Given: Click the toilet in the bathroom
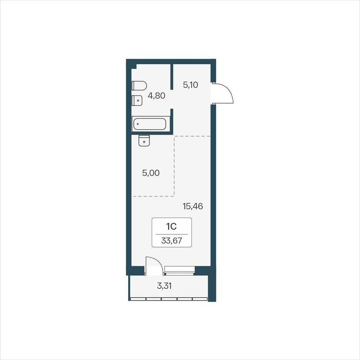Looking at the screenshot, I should (x=139, y=85).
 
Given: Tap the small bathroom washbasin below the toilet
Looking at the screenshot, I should (x=137, y=100).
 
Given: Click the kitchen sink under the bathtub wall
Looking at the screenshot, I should (x=144, y=140).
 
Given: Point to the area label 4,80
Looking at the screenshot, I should (x=157, y=96).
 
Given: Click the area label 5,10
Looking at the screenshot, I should (x=191, y=85).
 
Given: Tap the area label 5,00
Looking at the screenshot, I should (x=151, y=173).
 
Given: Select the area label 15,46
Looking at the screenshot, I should (x=193, y=206).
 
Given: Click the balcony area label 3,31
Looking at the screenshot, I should (x=164, y=286).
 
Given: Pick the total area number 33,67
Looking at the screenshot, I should (x=171, y=241).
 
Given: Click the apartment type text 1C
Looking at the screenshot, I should (x=171, y=226).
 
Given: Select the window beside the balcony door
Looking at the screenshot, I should (x=179, y=269).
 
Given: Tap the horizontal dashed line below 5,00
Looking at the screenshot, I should (x=153, y=196).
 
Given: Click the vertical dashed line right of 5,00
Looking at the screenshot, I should (x=175, y=166).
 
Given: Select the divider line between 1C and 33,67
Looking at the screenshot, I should (x=171, y=233).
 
